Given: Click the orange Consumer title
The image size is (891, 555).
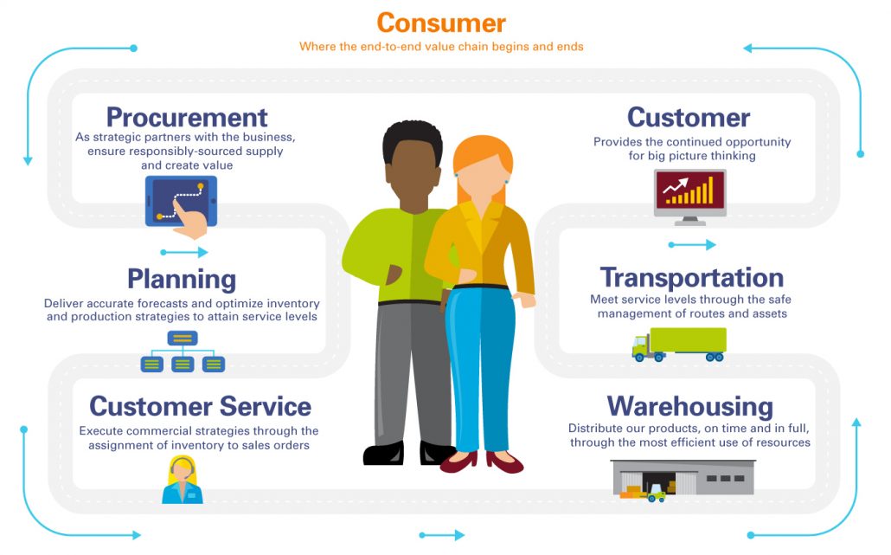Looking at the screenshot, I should [441, 22].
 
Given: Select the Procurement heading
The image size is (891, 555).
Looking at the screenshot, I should [187, 117].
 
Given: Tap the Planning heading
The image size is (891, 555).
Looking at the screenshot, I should [182, 279].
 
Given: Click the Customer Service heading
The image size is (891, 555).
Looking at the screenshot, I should [200, 406].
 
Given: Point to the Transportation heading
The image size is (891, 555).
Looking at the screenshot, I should [692, 278].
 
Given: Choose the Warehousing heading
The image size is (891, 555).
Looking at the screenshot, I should [689, 406].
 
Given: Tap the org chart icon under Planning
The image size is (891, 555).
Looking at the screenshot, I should [183, 352].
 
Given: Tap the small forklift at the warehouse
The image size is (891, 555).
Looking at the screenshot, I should [657, 494].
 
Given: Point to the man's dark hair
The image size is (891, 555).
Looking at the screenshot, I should [412, 139].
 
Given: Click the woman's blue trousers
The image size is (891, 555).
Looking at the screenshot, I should [481, 364].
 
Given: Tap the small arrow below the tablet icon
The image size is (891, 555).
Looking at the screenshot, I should [184, 253].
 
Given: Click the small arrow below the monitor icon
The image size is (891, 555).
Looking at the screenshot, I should [692, 245].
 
